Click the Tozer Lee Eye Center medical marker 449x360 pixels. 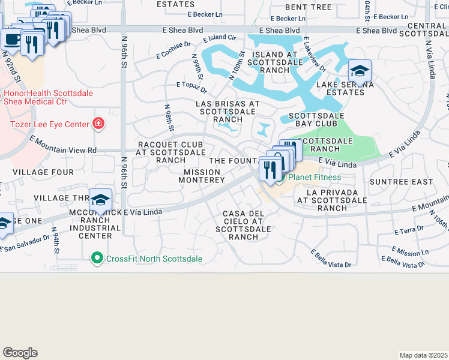(x=98, y=124)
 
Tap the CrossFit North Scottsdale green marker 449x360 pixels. (x=96, y=259)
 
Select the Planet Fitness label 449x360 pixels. (x=314, y=177)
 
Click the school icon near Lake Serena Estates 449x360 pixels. (x=360, y=72)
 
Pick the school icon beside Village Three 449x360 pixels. (x=100, y=200)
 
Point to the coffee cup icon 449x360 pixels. (x=11, y=39)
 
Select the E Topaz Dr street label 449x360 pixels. (x=191, y=87)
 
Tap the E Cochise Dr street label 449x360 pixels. (x=173, y=50)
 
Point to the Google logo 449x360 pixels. (x=20, y=352)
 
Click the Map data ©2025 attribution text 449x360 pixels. (x=423, y=355)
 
